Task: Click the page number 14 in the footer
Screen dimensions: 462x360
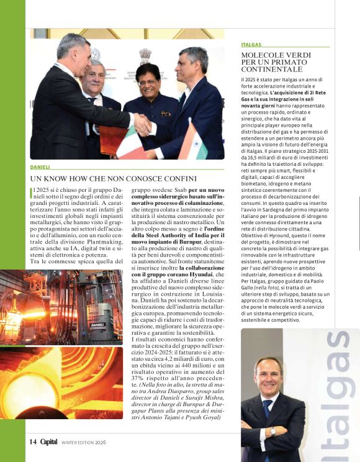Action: point(33,442)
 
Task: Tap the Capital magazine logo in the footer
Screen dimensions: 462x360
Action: point(49,442)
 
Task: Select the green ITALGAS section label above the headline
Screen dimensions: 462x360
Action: point(251,45)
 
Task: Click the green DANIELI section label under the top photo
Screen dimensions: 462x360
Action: point(40,167)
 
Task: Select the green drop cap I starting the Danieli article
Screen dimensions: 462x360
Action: point(32,191)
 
